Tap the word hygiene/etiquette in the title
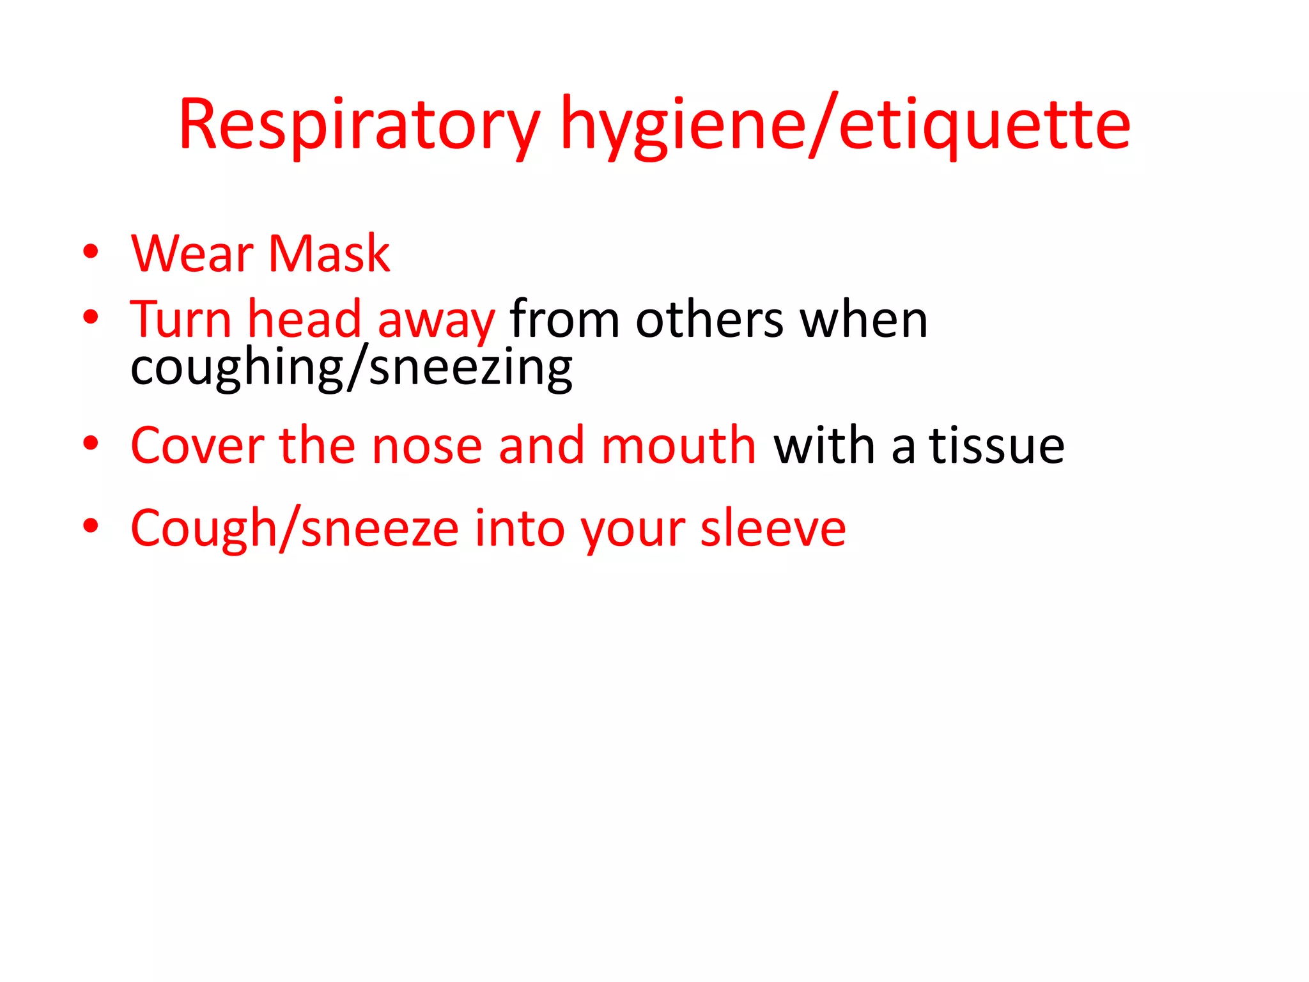(x=845, y=125)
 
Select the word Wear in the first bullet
(x=192, y=254)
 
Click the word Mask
(x=329, y=254)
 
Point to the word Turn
(x=181, y=319)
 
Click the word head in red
(x=305, y=319)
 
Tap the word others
(x=709, y=319)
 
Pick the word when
(x=864, y=319)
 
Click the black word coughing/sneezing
(x=351, y=369)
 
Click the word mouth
(x=679, y=446)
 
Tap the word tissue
(x=996, y=446)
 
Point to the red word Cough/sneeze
(x=294, y=529)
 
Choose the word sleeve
(x=773, y=529)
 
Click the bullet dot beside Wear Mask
(x=91, y=252)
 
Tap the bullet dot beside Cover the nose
(x=91, y=443)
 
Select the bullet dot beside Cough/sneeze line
(x=91, y=526)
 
